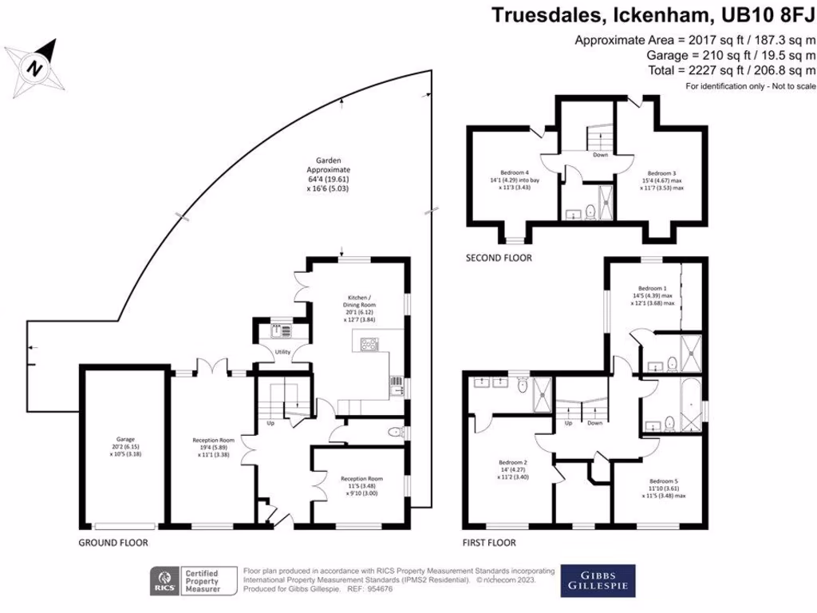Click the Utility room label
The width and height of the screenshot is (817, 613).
coord(282,351)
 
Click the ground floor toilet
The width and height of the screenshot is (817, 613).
coord(394,433)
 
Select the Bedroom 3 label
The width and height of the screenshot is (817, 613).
coord(661,178)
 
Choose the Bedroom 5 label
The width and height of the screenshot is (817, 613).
coord(663,487)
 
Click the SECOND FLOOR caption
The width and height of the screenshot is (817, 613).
coord(500,258)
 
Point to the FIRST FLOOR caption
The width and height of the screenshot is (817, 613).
coord(489,542)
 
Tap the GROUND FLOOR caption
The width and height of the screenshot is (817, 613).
coord(112,542)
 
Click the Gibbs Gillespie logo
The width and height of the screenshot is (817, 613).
coord(598,581)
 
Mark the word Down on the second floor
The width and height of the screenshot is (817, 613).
coord(600,155)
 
